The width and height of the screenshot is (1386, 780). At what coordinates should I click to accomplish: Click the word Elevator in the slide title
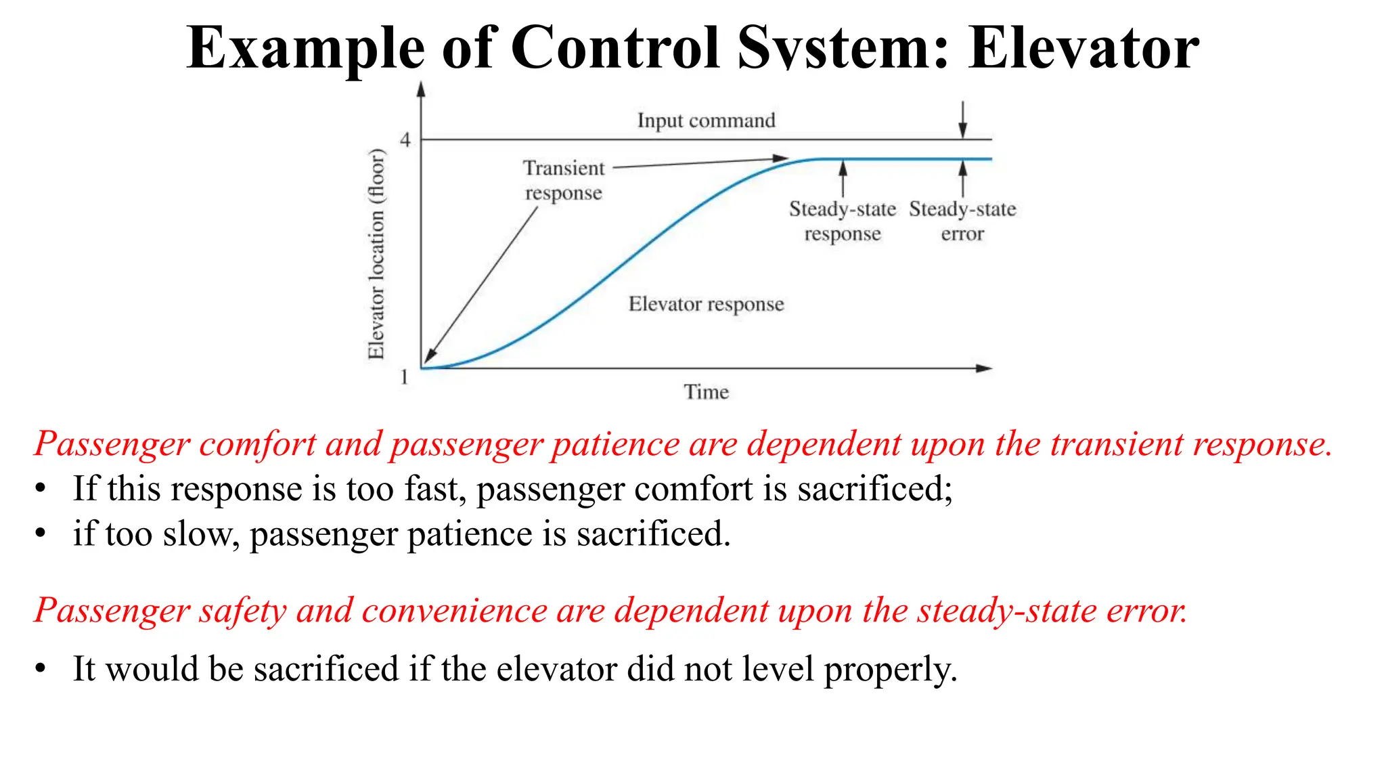[x=1083, y=47]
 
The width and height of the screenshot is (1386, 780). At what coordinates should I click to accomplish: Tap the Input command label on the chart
[x=706, y=121]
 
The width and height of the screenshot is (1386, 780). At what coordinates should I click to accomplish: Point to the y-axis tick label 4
[x=405, y=139]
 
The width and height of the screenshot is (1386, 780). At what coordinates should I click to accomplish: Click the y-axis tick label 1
[x=404, y=376]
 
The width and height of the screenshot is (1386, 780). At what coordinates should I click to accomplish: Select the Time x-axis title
[x=706, y=392]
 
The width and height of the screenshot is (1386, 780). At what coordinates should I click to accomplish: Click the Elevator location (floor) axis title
[x=376, y=254]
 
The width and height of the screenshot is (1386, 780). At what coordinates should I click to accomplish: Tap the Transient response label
[x=563, y=180]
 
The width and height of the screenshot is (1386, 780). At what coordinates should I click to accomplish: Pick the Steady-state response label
[x=842, y=221]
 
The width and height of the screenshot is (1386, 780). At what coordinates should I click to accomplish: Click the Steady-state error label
[x=962, y=221]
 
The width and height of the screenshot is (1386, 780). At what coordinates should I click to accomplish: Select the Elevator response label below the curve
[x=706, y=304]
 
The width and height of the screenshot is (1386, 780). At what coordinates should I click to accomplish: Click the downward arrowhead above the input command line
[x=962, y=131]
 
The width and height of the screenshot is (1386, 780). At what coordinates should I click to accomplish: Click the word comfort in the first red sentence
[x=257, y=445]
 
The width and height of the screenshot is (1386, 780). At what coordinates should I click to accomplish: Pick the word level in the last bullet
[x=778, y=669]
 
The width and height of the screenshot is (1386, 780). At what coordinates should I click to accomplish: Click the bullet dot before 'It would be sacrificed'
[x=41, y=668]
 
